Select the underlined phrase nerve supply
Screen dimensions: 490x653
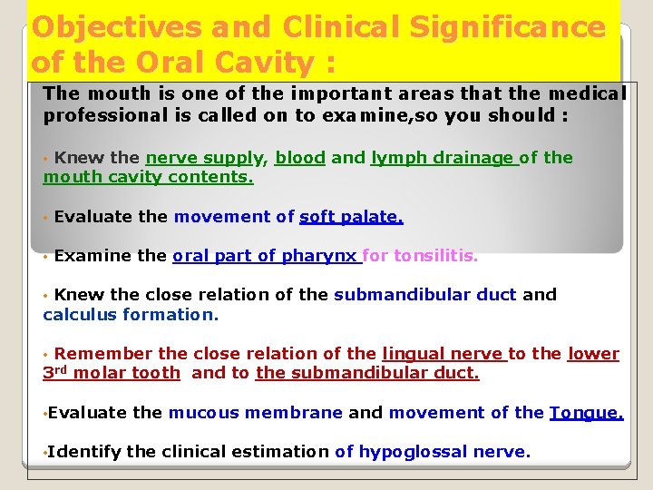[206, 158]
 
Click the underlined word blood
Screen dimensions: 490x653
[300, 158]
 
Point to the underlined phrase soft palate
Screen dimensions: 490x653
[351, 217]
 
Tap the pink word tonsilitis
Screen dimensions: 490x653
[434, 256]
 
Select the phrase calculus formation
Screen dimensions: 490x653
[131, 315]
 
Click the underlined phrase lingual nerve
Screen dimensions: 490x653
[442, 354]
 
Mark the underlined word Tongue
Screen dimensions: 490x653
[586, 413]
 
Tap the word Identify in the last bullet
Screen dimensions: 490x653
[84, 452]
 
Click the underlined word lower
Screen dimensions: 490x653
[593, 354]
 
